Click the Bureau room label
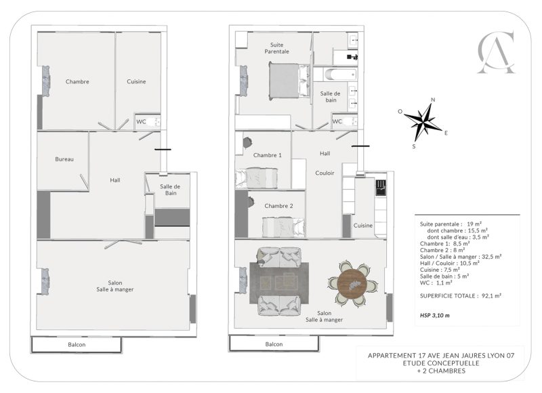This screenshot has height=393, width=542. pyautogui.click(x=64, y=159)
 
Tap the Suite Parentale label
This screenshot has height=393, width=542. pyautogui.click(x=276, y=48)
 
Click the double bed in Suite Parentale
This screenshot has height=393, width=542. pyautogui.click(x=289, y=81)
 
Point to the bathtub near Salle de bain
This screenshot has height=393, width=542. pyautogui.click(x=341, y=75)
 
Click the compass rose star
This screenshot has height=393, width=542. pyautogui.click(x=423, y=122)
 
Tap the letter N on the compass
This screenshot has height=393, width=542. pyautogui.click(x=433, y=100)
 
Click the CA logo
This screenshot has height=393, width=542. pyautogui.click(x=496, y=52)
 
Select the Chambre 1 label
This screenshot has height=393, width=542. pyautogui.click(x=267, y=155)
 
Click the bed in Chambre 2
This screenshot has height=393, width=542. pyautogui.click(x=283, y=228)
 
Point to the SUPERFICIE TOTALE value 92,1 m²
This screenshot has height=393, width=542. pyautogui.click(x=491, y=296)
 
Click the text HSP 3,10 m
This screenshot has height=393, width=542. pyautogui.click(x=435, y=315)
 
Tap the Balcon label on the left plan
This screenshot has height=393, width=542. pyautogui.click(x=77, y=345)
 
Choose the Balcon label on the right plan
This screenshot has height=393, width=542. pyautogui.click(x=274, y=344)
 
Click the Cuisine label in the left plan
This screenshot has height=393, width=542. pyautogui.click(x=136, y=81)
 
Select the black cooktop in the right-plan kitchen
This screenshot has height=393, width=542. pyautogui.click(x=381, y=188)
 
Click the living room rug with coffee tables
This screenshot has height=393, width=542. pyautogui.click(x=279, y=283)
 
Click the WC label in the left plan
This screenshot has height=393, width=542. pyautogui.click(x=141, y=122)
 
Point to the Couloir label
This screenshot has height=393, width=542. pyautogui.click(x=325, y=173)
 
